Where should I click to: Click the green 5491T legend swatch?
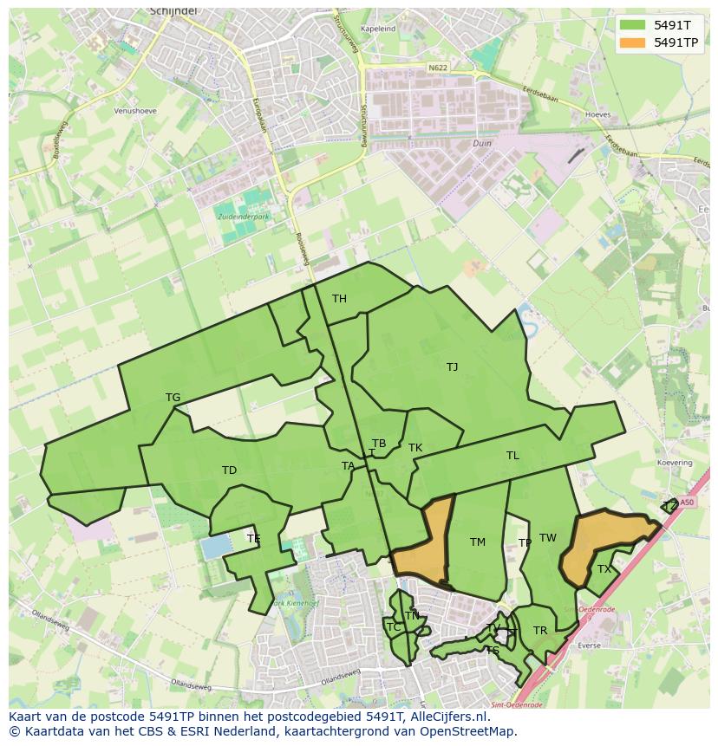633,25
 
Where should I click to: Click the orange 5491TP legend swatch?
633,42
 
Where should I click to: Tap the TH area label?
339,299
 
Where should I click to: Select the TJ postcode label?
452,367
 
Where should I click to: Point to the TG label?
173,398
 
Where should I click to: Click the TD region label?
229,470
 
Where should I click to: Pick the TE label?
253,539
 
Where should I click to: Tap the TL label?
512,456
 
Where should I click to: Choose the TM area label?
478,542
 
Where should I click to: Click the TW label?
548,538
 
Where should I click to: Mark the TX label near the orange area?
604,569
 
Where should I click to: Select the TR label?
540,631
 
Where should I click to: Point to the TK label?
415,448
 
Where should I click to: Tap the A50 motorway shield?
687,502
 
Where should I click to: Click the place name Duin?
482,144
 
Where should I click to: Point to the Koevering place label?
674,464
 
